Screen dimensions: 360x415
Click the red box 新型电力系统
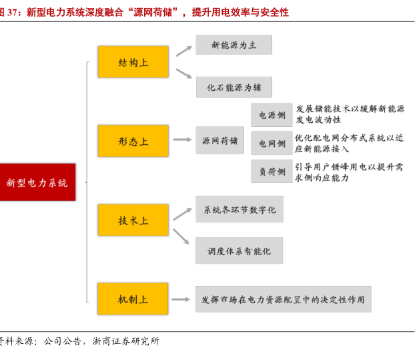point(37,182)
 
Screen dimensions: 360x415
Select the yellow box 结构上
point(133,62)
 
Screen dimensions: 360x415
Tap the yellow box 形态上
point(133,141)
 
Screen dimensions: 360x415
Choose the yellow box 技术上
point(133,220)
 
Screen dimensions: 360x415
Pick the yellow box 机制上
point(133,299)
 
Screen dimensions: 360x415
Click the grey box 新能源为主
point(234,45)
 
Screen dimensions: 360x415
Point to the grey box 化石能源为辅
point(234,87)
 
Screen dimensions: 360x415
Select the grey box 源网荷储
point(220,140)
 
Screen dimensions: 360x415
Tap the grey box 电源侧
point(272,115)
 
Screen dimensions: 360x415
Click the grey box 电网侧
point(272,143)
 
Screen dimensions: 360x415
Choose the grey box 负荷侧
point(272,171)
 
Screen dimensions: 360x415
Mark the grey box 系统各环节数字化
point(239,210)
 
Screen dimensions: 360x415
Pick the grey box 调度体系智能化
point(239,251)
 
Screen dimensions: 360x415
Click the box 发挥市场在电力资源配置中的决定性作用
point(283,299)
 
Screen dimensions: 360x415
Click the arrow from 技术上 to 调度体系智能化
point(181,236)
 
